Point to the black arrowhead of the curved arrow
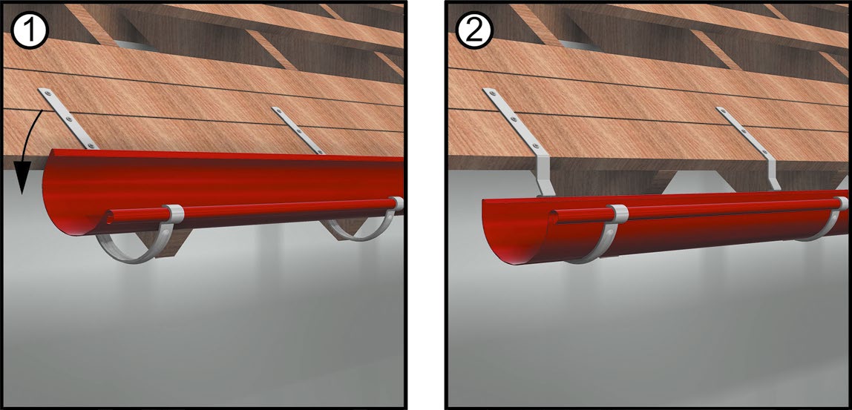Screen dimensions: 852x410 (22, 184)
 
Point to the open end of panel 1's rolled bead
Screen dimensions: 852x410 (111, 218)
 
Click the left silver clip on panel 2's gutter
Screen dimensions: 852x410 (617, 214)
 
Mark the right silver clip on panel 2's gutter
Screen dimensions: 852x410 (842, 204)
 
